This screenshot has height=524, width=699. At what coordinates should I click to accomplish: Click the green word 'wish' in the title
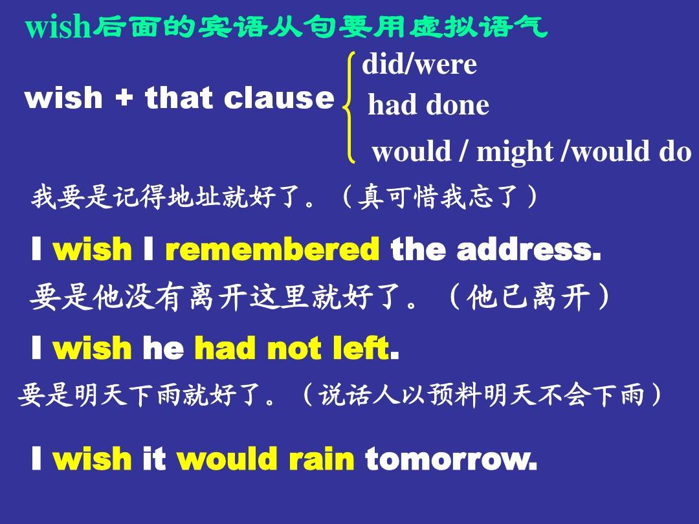click(58, 27)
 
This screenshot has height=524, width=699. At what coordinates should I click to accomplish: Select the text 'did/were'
click(419, 64)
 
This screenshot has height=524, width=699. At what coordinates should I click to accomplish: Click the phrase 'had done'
click(428, 105)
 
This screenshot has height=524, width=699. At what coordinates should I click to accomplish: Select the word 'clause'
click(279, 98)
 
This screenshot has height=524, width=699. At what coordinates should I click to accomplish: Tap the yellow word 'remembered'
click(272, 250)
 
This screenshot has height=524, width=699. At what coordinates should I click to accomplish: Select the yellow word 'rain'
click(322, 459)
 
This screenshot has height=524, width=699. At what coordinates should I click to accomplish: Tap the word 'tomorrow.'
click(451, 459)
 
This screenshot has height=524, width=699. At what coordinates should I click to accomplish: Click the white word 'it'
click(154, 459)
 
